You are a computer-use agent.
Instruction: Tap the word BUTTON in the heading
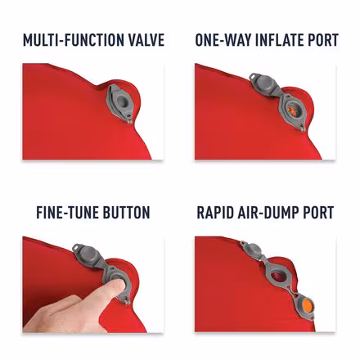click(126, 213)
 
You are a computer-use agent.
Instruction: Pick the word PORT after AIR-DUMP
click(318, 213)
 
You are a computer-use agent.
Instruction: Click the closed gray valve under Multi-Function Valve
click(120, 103)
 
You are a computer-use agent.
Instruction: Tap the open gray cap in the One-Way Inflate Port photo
click(263, 84)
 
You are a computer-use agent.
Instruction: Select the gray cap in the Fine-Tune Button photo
click(88, 255)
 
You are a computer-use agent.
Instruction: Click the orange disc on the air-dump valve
click(307, 305)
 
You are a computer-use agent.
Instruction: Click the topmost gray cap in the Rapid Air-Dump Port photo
click(251, 250)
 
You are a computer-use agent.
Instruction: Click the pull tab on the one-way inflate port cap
click(254, 76)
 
